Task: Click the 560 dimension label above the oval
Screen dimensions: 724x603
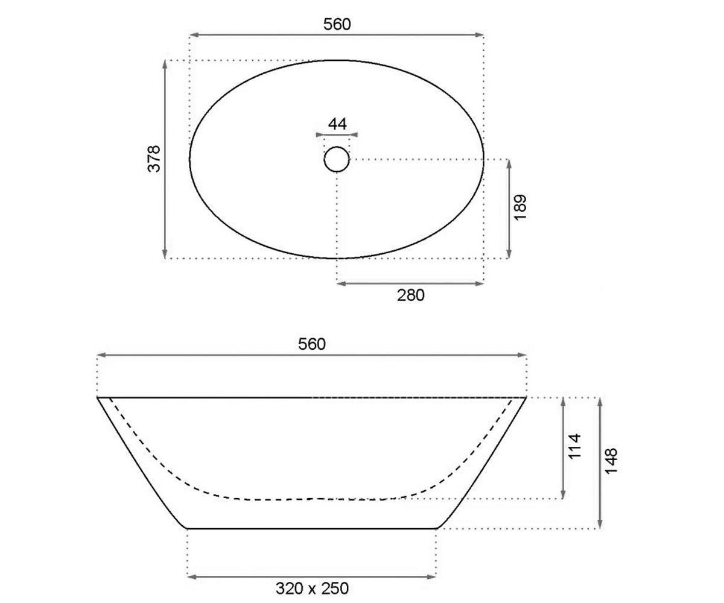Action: (x=337, y=24)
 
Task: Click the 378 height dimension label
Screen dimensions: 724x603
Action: (x=154, y=159)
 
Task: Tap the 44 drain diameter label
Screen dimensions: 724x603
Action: (x=337, y=124)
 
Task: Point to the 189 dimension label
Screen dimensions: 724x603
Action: (x=520, y=207)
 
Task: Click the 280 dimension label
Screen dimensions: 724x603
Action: (x=410, y=295)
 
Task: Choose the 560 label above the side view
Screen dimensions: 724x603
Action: (x=312, y=344)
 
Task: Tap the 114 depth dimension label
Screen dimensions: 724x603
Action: (x=574, y=446)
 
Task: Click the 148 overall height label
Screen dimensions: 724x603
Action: (x=611, y=461)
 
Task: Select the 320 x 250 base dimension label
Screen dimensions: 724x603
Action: (x=312, y=589)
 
